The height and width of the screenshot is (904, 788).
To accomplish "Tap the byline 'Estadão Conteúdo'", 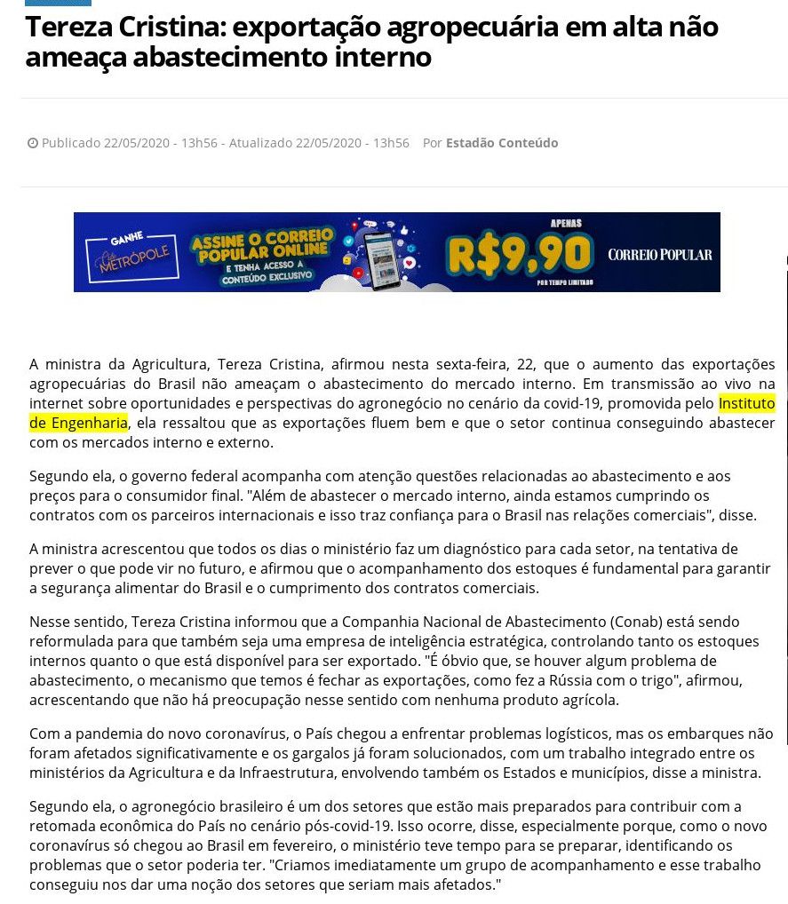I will [502, 143].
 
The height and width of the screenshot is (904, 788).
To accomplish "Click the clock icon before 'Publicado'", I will [33, 143].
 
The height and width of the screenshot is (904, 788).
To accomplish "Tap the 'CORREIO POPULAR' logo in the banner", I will [659, 255].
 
